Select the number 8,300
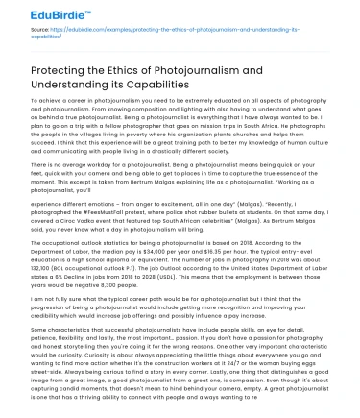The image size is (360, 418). tap(103, 312)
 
